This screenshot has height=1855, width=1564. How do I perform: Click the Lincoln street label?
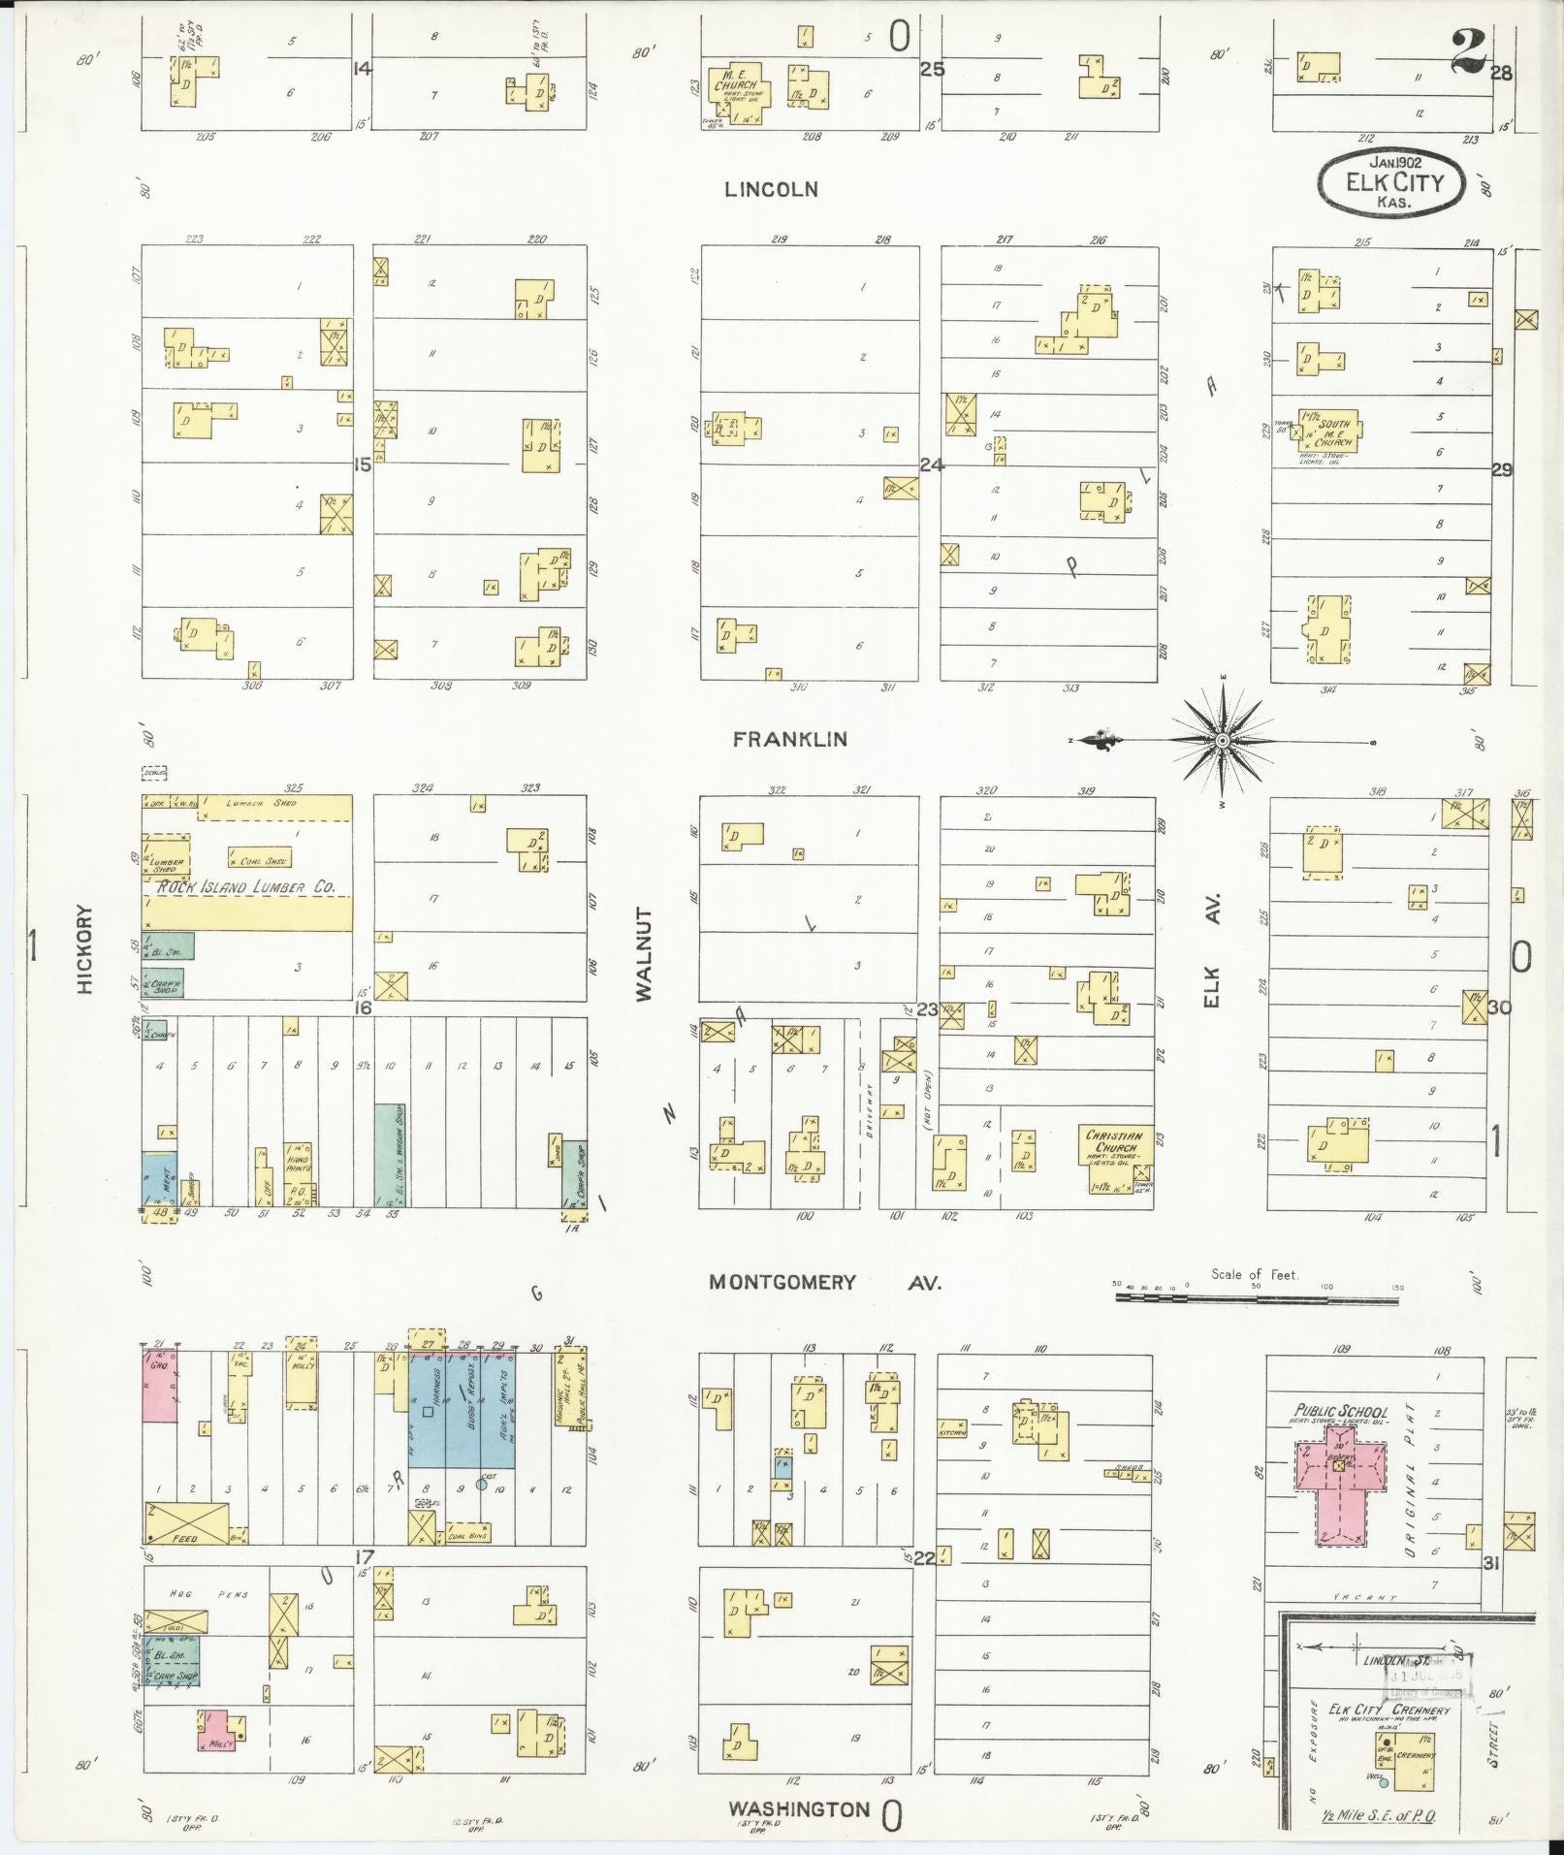tap(771, 190)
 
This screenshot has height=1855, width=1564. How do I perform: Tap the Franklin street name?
tap(789, 739)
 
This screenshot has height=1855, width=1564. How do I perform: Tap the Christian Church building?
tap(1114, 1148)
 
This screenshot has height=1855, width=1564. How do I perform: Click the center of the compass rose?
tap(1223, 741)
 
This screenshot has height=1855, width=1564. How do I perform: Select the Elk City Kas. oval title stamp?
tap(1389, 182)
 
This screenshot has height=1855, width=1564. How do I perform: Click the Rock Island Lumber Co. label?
tap(247, 886)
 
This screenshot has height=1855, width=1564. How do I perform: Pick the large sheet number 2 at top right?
tap(1469, 53)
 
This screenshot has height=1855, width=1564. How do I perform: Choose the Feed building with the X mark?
tap(187, 1523)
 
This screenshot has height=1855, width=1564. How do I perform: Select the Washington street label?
tap(799, 1808)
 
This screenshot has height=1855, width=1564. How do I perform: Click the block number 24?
tap(931, 465)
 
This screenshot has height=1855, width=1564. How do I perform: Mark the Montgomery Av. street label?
tap(824, 1282)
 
